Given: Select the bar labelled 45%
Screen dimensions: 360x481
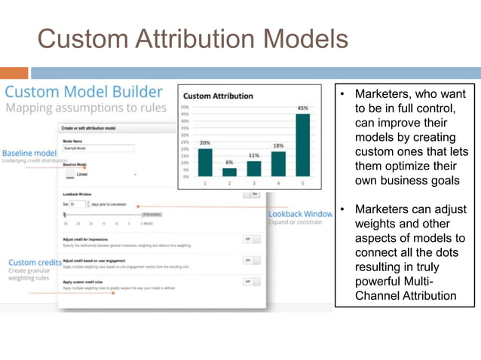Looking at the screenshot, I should click(302, 145).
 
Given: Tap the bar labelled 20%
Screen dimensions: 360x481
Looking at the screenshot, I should click(204, 161).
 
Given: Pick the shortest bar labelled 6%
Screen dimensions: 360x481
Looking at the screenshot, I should click(229, 172).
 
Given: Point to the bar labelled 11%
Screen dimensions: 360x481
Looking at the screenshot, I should click(254, 168).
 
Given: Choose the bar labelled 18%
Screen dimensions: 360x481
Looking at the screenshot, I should click(278, 163).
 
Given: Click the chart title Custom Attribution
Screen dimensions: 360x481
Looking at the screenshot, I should click(218, 96).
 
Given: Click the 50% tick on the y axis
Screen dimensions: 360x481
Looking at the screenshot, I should click(185, 108).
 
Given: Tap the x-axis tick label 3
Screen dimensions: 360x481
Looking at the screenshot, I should click(254, 183).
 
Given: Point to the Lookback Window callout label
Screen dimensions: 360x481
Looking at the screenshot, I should click(299, 214).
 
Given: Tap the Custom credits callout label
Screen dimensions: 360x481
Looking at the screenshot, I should click(33, 262).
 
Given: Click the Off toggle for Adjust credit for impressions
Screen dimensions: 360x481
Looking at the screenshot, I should click(251, 239).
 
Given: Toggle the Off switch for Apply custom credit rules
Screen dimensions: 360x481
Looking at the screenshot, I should click(251, 281).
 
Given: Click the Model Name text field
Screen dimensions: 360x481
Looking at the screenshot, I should click(98, 148).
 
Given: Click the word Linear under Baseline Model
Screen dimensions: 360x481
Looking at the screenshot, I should click(82, 174).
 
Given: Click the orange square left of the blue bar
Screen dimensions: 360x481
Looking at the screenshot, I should click(14, 73).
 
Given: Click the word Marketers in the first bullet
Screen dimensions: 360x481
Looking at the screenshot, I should click(386, 96).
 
